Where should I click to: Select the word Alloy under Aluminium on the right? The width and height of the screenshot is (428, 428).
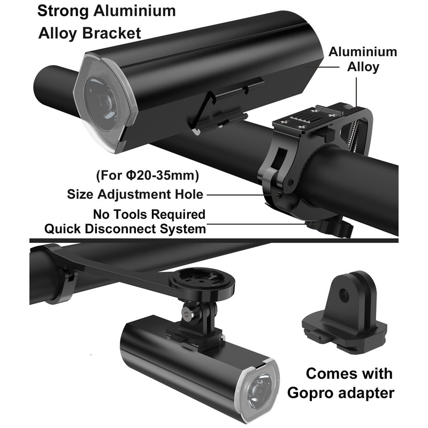click(x=364, y=67)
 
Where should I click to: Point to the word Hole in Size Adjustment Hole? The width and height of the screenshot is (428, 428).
click(x=187, y=194)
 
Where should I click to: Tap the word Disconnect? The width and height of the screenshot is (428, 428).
click(x=128, y=229)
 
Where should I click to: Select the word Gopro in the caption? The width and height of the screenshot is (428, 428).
click(x=315, y=393)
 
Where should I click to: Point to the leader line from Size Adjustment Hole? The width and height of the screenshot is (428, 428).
click(x=235, y=194)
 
